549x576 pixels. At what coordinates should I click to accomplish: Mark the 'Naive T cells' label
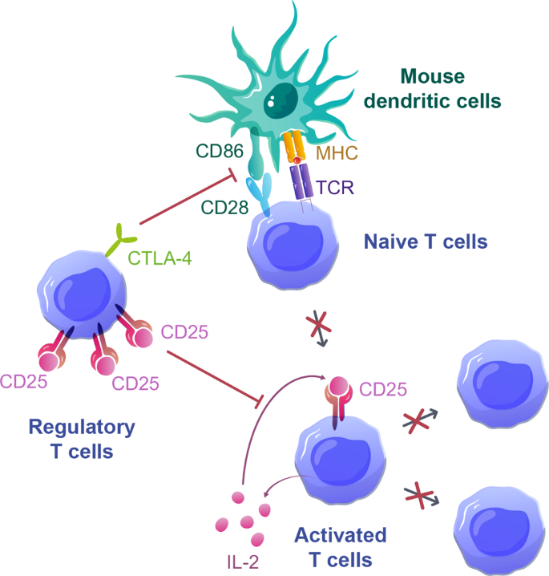point(425,241)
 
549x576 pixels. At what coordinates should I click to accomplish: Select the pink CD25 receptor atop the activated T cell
point(337,394)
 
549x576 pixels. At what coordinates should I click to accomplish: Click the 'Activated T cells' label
point(340,546)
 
